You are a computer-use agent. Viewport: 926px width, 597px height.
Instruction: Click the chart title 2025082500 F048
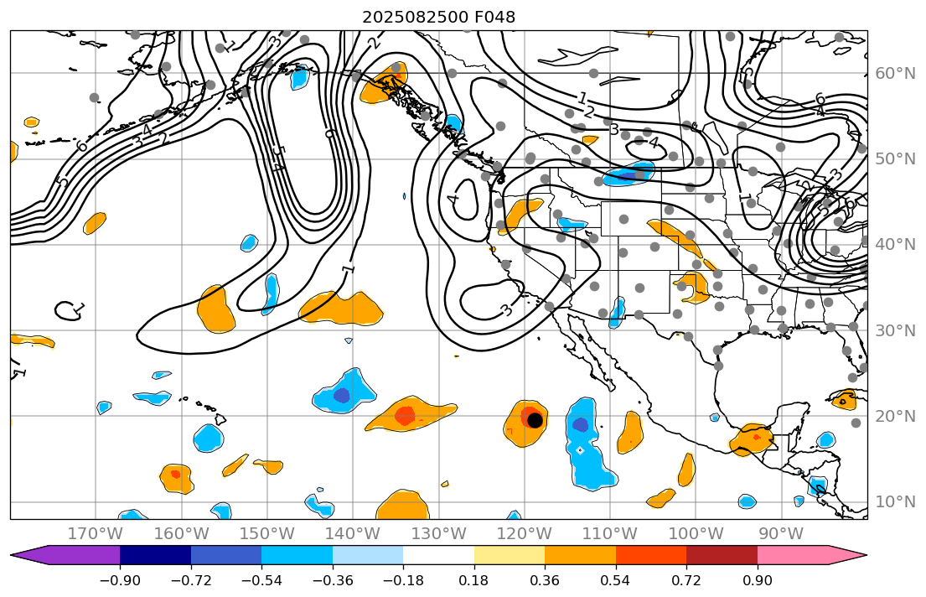[438, 17]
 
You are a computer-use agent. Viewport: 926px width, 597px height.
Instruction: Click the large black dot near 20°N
[535, 420]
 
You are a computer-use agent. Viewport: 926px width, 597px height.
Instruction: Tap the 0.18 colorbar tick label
[474, 581]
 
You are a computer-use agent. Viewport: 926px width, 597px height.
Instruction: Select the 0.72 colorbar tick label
[686, 581]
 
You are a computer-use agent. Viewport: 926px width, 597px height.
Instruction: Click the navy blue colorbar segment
[155, 555]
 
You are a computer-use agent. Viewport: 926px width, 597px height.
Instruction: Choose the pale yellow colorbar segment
[510, 555]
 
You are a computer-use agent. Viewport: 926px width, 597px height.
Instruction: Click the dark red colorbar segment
[722, 555]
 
